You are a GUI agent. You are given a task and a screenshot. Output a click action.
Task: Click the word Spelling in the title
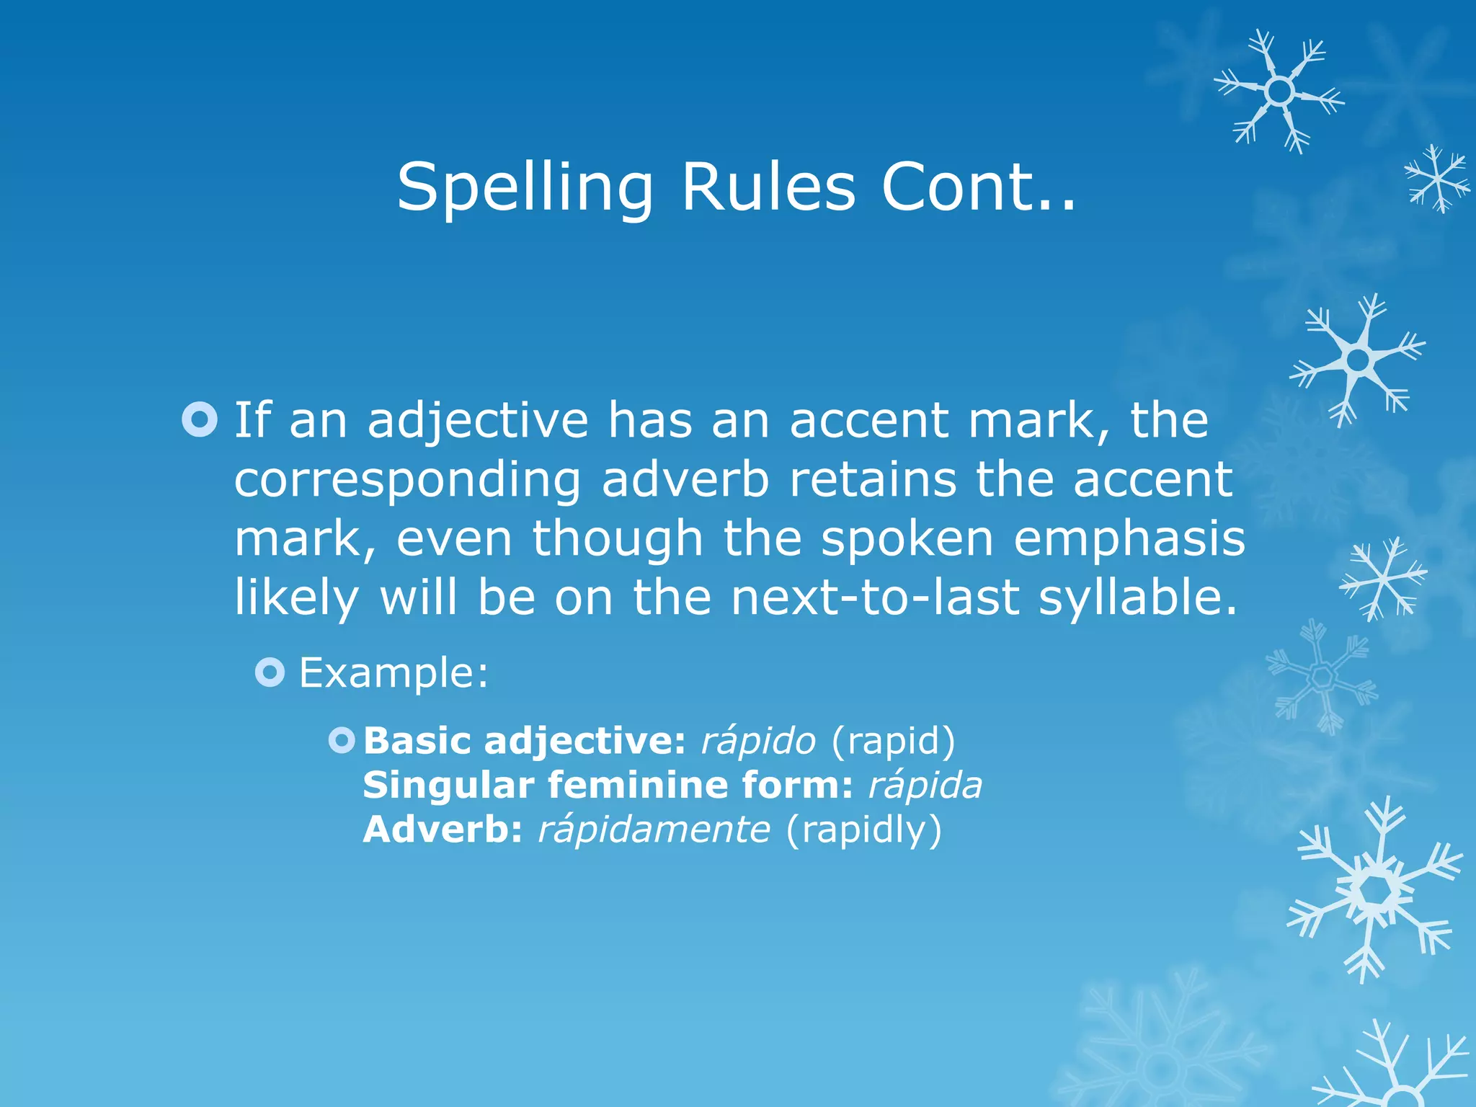coord(525,187)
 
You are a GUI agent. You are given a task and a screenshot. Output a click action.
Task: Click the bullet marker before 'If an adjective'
coord(200,419)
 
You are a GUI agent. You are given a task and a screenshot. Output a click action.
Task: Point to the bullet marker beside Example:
coord(270,672)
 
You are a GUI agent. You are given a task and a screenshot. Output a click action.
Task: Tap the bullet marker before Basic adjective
coord(342,740)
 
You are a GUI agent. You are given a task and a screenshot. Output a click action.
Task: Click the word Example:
coord(394,673)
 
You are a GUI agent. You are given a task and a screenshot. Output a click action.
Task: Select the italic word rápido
coord(758,741)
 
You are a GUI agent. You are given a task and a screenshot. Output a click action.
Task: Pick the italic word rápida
coord(925,785)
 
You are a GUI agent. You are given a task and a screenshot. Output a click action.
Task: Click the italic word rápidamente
coord(654,830)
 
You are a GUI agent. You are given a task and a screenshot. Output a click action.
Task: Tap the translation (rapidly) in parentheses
coord(863,830)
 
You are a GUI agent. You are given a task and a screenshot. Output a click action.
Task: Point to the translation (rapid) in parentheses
coord(893,741)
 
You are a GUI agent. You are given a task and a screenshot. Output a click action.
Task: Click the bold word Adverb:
coord(443,830)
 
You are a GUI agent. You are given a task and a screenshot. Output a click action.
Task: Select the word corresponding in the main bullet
coord(407,480)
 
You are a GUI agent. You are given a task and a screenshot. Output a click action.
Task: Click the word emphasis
coord(1129,539)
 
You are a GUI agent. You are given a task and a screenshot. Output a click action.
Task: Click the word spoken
coord(907,539)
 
